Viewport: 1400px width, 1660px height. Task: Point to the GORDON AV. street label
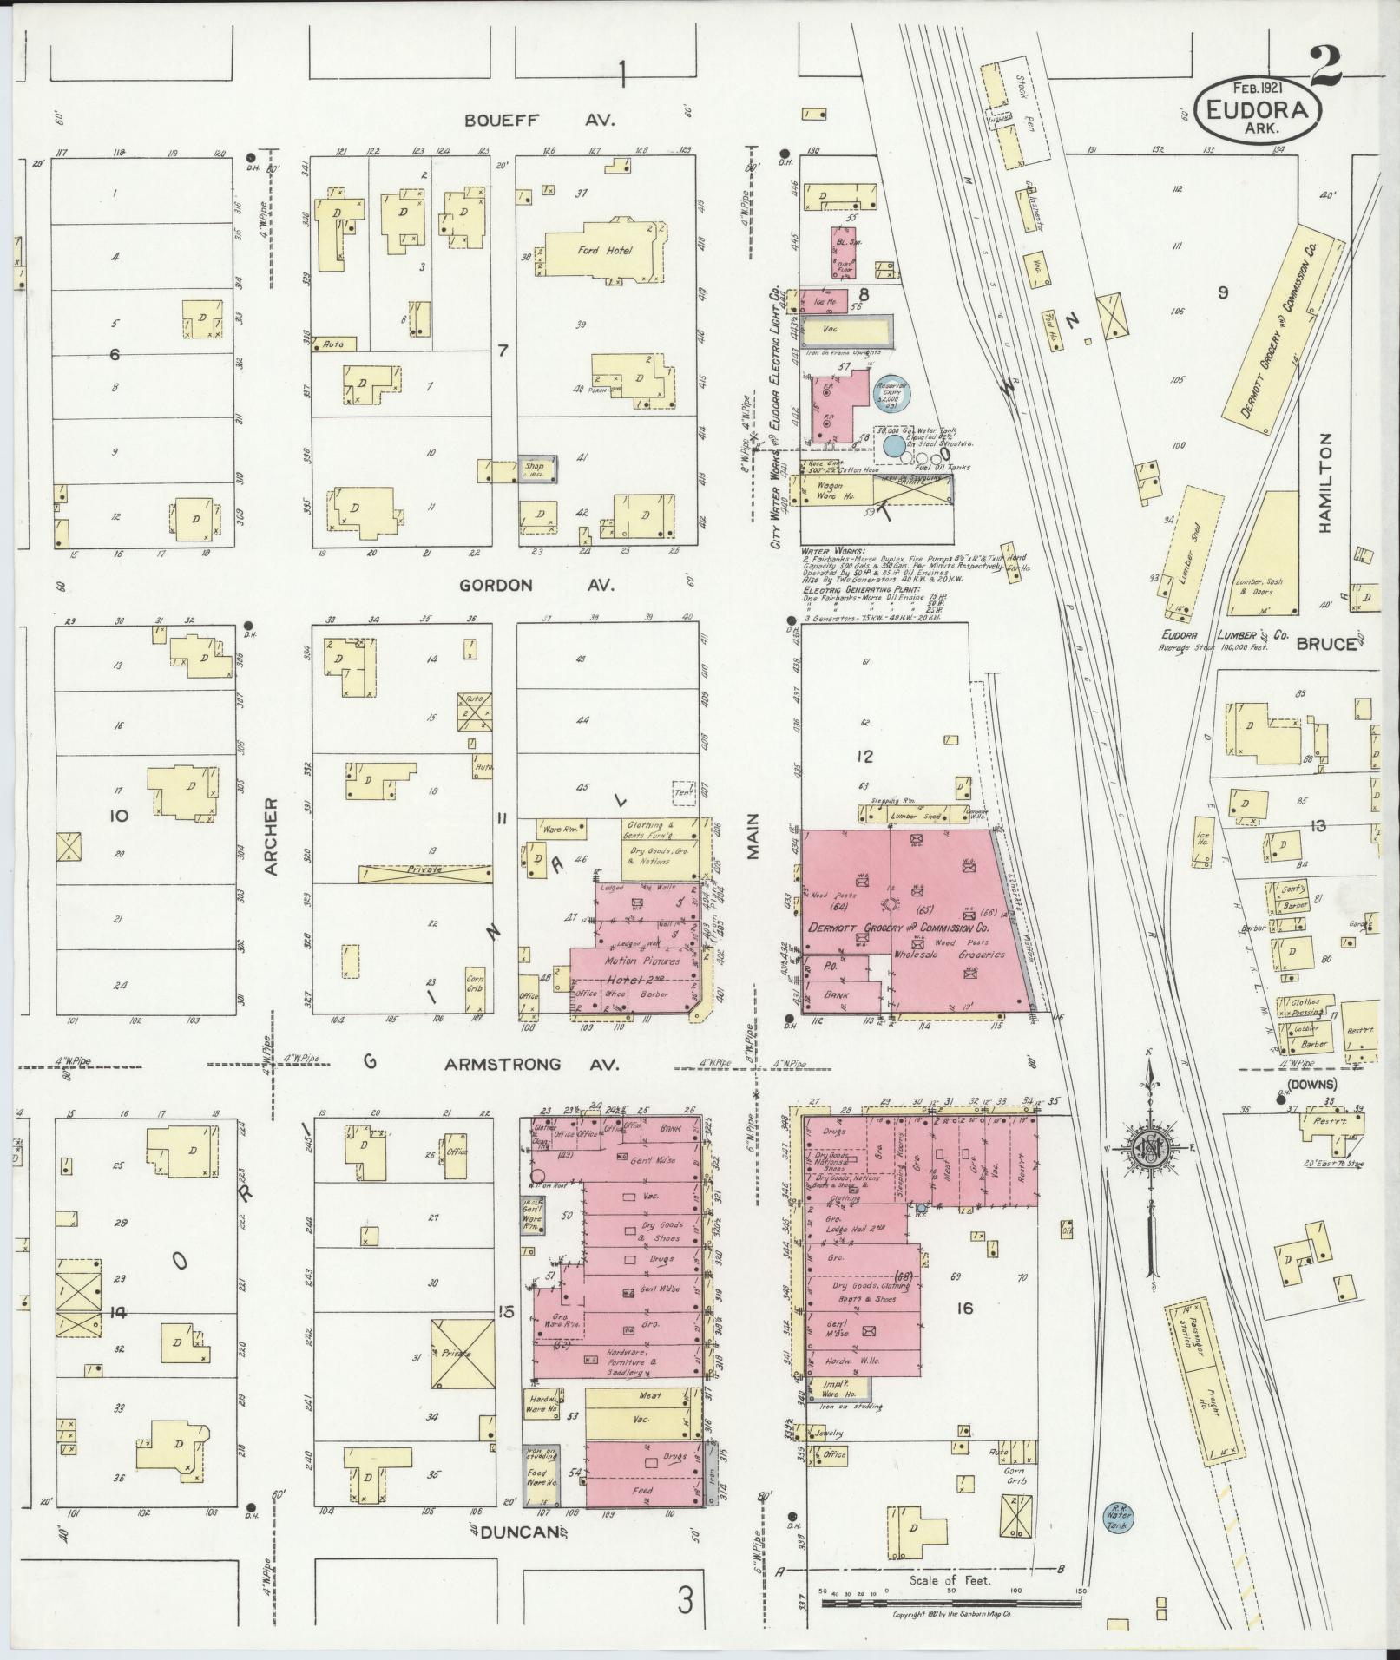coord(536,586)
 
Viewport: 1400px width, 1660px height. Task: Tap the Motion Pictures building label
coord(628,961)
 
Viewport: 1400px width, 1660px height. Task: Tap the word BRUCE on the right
coord(1325,644)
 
